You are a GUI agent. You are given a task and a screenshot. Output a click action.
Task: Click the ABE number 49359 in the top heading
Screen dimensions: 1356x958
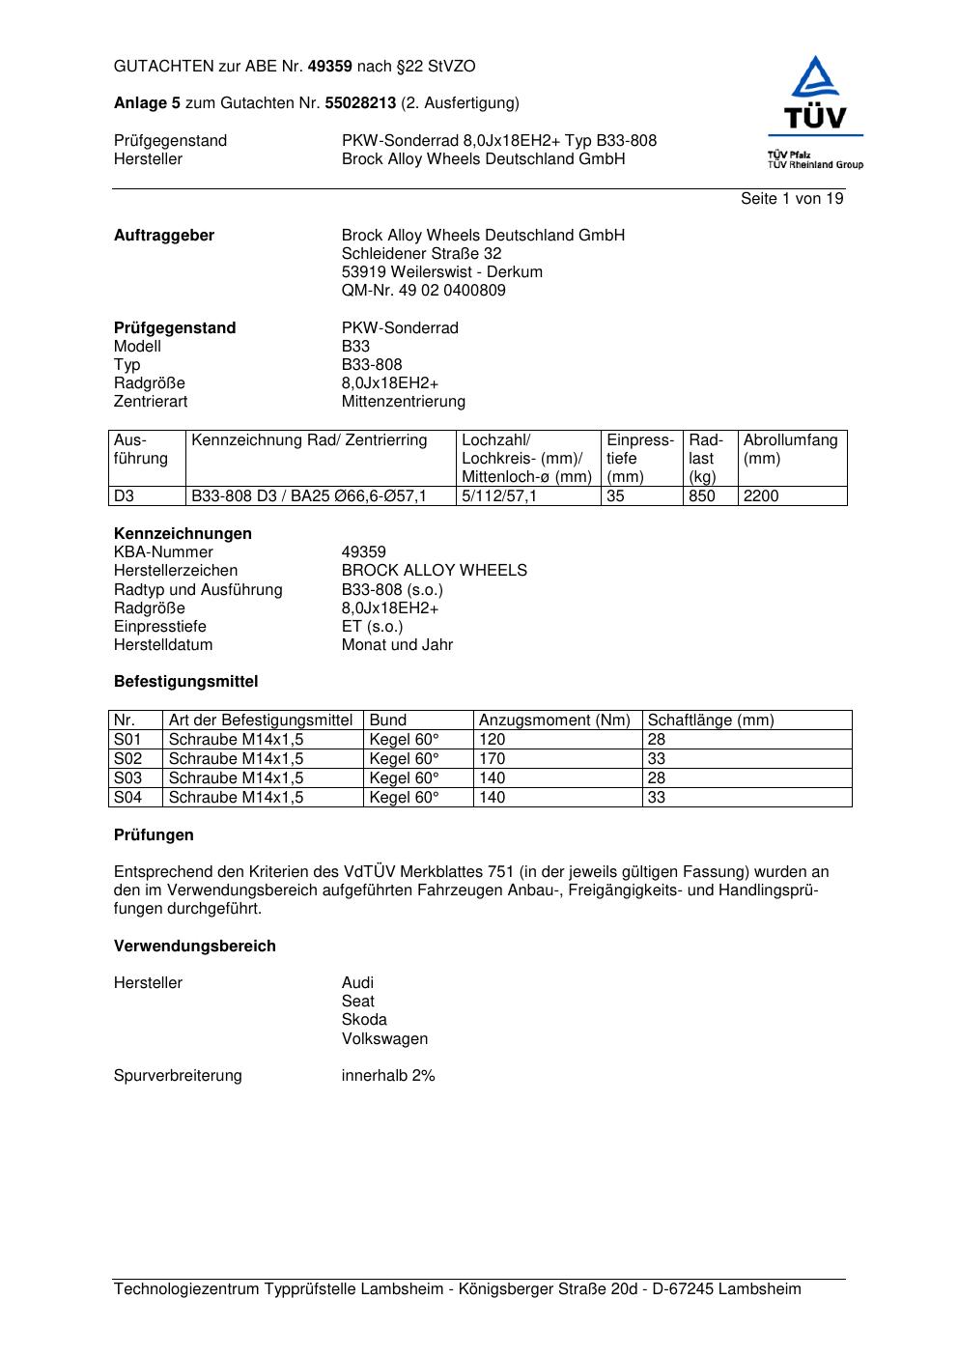click(329, 67)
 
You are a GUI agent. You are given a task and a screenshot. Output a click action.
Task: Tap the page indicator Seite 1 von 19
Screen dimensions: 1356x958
click(792, 199)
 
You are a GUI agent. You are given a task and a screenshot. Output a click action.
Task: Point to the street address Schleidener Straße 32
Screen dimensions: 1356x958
click(421, 254)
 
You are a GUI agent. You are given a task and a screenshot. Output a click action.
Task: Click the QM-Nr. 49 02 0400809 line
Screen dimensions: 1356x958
click(423, 291)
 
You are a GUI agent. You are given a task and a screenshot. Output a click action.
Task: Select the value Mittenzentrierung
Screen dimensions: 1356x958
click(403, 402)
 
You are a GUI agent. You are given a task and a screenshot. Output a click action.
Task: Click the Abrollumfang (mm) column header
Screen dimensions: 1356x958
click(790, 449)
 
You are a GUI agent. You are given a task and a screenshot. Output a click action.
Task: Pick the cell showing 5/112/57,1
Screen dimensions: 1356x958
click(499, 496)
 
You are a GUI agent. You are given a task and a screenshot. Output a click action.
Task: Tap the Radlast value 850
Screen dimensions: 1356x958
click(702, 496)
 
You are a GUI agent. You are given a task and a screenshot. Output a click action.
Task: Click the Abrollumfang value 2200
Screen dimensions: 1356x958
click(761, 496)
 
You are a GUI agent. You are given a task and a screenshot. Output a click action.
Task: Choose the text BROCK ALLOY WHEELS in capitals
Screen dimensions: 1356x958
click(434, 571)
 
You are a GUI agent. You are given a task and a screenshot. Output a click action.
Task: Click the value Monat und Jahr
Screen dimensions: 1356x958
click(397, 645)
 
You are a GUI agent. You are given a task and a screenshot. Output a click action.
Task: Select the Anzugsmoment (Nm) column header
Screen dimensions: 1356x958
click(554, 720)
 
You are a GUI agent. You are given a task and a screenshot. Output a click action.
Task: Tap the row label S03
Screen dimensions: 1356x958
click(128, 778)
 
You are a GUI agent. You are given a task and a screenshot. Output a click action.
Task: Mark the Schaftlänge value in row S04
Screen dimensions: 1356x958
click(657, 798)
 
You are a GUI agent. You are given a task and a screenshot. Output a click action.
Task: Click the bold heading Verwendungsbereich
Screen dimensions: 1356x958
click(195, 946)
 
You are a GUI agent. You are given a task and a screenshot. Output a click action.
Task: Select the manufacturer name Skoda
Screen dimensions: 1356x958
click(364, 1020)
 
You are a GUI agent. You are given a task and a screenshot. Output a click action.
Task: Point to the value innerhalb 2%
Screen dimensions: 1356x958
click(388, 1076)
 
